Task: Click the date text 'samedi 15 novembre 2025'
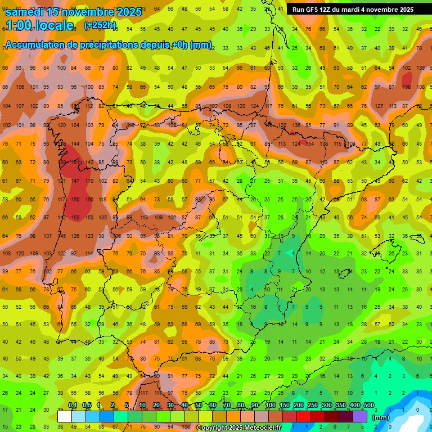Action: (73, 12)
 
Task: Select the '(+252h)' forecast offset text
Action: (100, 25)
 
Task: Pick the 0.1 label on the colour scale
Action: (72, 406)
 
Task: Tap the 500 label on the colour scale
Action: (369, 406)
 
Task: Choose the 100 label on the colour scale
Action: (270, 406)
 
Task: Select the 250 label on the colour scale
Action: (313, 406)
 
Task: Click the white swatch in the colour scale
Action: (65, 416)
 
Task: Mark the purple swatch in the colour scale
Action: (360, 416)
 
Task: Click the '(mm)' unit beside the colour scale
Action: (381, 417)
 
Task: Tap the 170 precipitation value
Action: (89, 181)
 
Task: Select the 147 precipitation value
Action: (75, 181)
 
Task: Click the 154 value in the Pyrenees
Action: (309, 144)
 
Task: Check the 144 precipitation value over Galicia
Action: (75, 144)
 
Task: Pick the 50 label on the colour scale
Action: (199, 406)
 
